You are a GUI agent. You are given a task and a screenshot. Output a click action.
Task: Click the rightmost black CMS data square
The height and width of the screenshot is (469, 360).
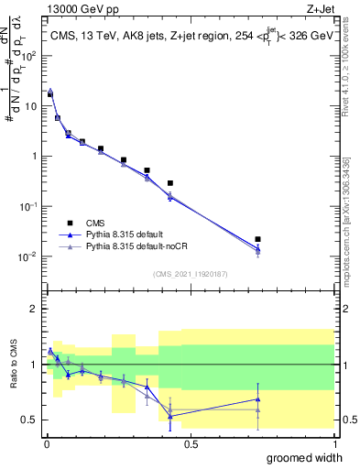pyautogui.click(x=258, y=239)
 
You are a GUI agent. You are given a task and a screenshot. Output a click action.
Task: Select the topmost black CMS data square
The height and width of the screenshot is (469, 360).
pyautogui.click(x=50, y=94)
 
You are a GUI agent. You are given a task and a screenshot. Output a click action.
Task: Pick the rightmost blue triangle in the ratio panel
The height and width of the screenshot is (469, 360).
pyautogui.click(x=258, y=399)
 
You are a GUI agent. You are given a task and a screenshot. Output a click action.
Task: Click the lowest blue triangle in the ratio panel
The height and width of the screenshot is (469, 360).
pyautogui.click(x=170, y=416)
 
